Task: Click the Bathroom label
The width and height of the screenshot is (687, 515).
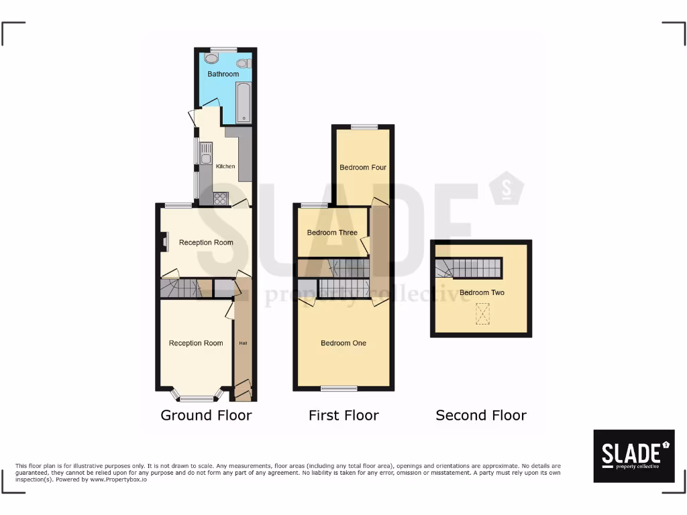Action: click(223, 74)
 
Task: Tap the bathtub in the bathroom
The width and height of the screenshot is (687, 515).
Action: click(243, 103)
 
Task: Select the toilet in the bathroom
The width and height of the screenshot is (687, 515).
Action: click(242, 64)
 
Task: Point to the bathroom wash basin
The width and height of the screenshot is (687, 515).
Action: click(212, 58)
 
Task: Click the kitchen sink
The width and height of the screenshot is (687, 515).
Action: click(205, 154)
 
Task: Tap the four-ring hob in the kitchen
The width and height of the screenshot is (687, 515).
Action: click(221, 198)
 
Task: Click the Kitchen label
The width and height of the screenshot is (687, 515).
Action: click(225, 166)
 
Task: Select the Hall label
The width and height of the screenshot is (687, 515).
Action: click(243, 343)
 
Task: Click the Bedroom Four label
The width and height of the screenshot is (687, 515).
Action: click(363, 168)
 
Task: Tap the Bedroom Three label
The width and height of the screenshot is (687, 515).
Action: click(332, 233)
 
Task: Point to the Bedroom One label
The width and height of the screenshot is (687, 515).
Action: click(343, 343)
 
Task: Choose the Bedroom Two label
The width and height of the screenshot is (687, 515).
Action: click(482, 292)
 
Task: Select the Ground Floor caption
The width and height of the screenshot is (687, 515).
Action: click(206, 415)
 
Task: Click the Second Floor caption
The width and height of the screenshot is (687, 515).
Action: click(481, 415)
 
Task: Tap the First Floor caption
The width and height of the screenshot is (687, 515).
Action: click(343, 415)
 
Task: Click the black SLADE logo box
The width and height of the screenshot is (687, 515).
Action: click(634, 456)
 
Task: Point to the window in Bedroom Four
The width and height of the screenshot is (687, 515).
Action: click(364, 127)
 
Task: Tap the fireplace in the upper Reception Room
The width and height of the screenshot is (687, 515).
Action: click(163, 242)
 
